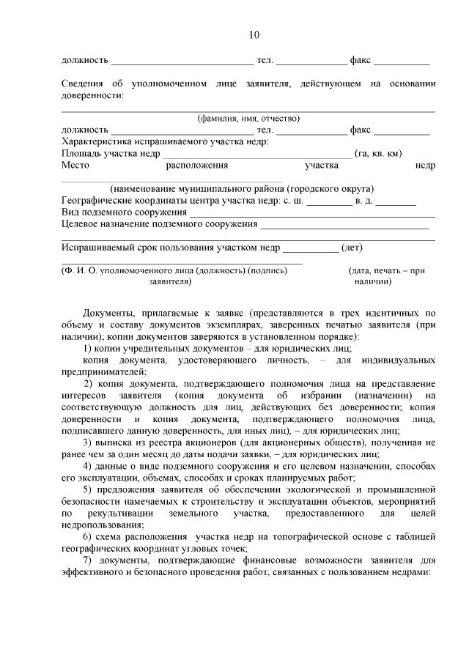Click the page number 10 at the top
(254, 34)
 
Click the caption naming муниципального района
(242, 188)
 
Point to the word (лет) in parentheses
(352, 247)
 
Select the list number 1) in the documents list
(87, 348)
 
